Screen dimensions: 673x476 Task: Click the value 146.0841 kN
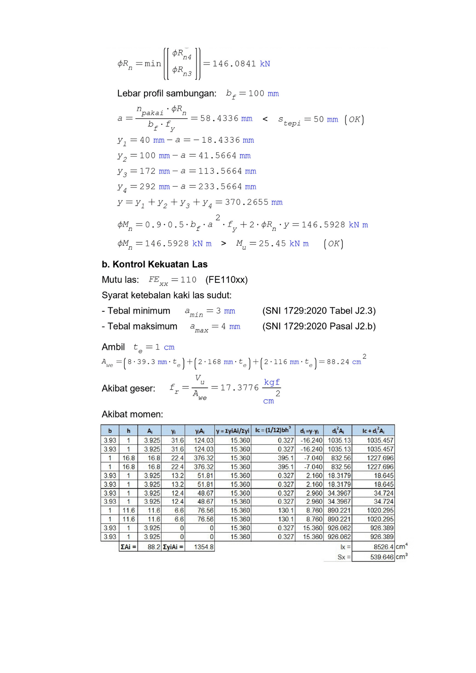point(241,64)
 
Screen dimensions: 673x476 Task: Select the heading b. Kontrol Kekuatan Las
point(155,264)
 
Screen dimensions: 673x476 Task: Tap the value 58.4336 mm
point(226,118)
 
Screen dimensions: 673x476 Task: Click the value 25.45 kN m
point(283,244)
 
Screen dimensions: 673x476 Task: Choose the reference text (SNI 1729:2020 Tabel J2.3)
point(319,311)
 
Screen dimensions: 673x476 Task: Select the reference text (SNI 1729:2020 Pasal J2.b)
point(319,326)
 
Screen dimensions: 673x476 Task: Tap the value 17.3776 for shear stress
point(239,388)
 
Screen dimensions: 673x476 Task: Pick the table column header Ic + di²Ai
point(373,431)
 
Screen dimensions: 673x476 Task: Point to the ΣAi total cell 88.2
point(154,547)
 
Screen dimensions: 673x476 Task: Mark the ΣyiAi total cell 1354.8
point(203,547)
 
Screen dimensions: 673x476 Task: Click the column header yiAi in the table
point(200,431)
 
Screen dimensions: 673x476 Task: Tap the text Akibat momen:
point(132,414)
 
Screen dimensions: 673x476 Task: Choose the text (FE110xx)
point(226,280)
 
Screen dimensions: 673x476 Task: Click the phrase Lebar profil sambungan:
point(167,94)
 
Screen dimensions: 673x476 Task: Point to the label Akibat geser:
point(128,388)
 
